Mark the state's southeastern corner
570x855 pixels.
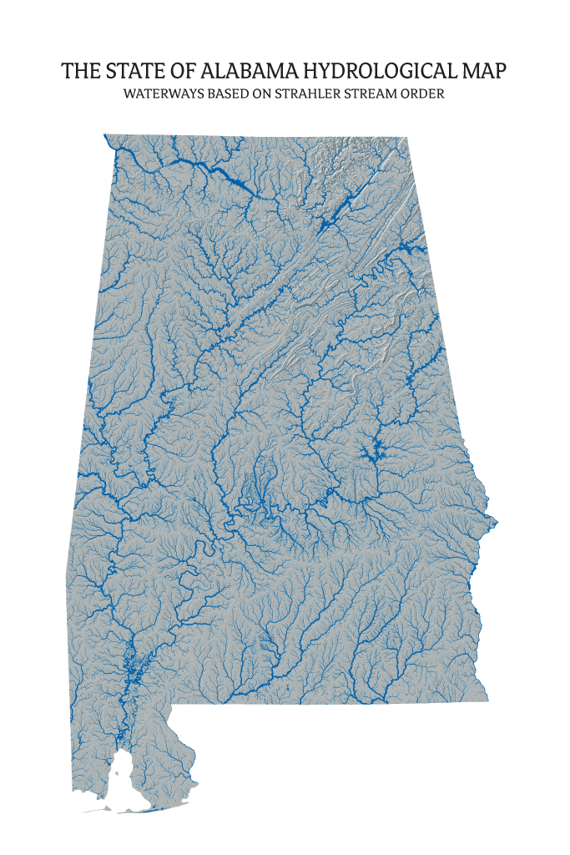tap(487, 700)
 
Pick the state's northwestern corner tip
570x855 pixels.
tap(105, 135)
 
